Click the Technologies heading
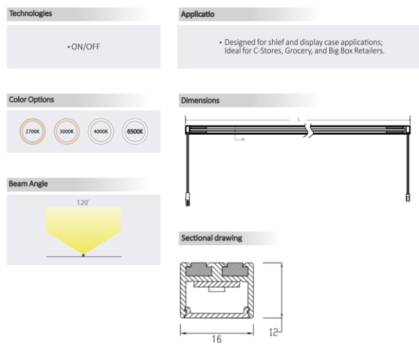31,14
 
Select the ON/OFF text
84,46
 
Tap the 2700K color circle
32,131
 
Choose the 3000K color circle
66,131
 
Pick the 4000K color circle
101,131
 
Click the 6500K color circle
135,131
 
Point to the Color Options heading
32,100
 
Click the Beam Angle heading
28,184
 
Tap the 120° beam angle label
83,203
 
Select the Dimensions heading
200,101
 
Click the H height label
242,139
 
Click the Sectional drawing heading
211,238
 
